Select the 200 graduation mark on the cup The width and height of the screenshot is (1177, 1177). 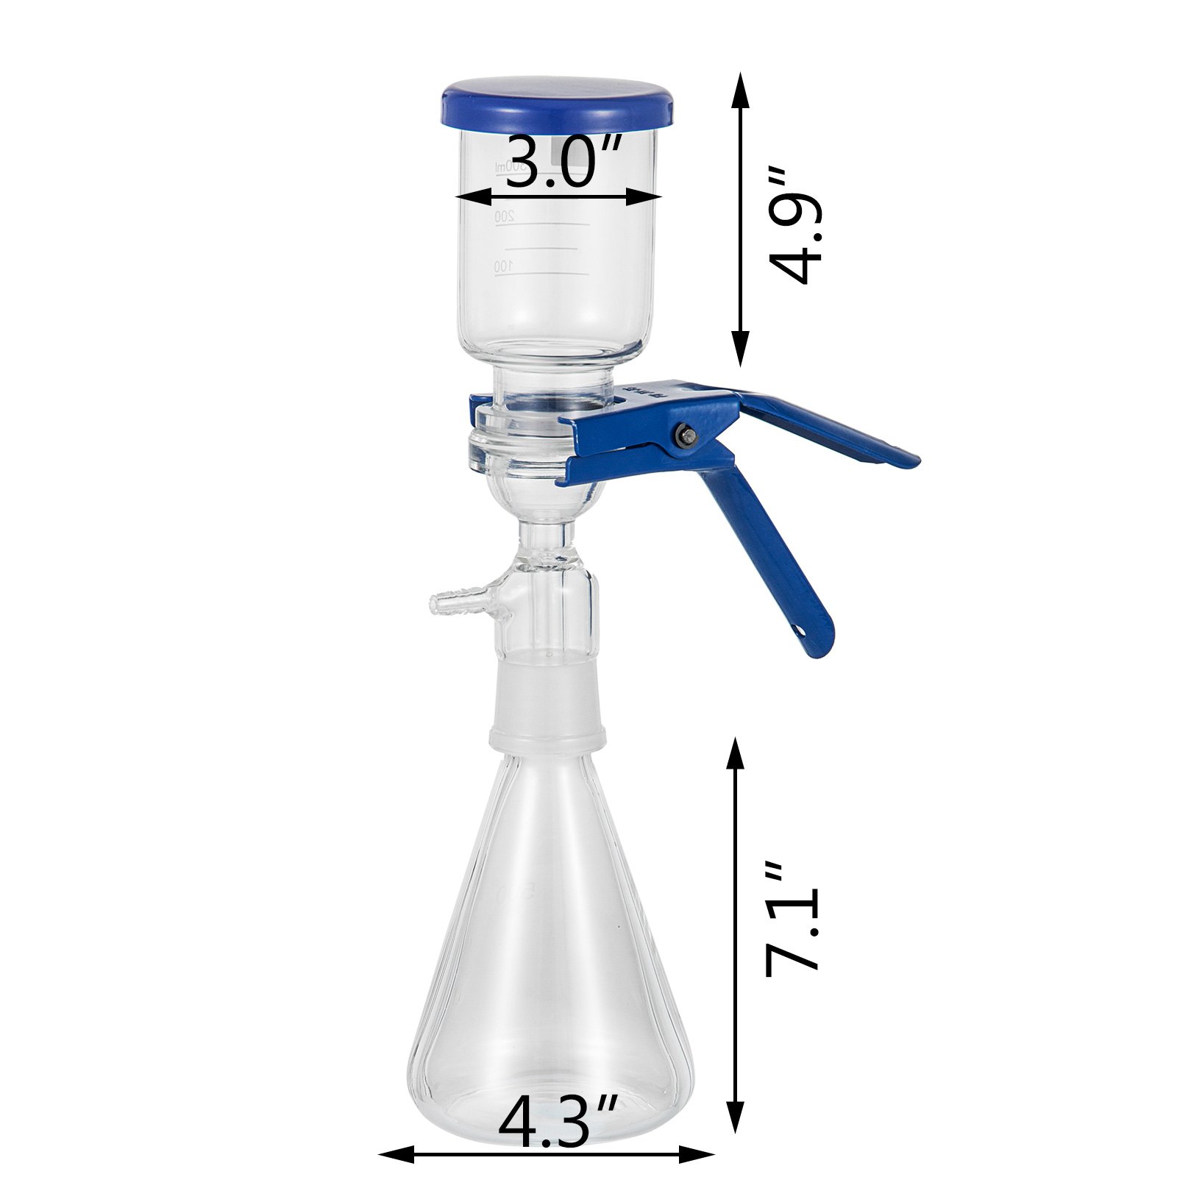[503, 216]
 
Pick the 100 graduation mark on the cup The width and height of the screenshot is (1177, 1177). [502, 266]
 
